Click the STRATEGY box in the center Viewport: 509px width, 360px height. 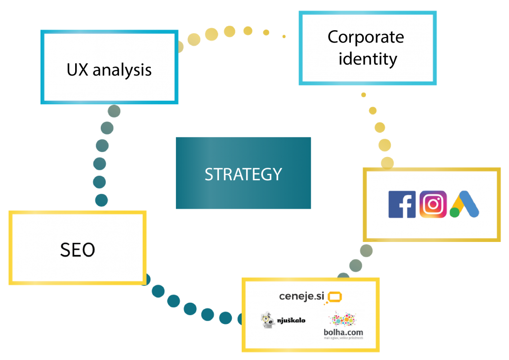pos(243,173)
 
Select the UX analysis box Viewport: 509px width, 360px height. pos(109,68)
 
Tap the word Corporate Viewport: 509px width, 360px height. pos(366,37)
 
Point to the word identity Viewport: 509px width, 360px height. pos(367,59)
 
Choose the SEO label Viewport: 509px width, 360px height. pos(78,249)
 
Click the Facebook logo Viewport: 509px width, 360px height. pos(402,204)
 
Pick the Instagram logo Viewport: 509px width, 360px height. pos(433,204)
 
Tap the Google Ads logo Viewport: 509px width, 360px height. pos(465,204)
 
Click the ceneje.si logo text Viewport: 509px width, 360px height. pos(302,296)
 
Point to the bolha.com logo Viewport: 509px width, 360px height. pos(343,332)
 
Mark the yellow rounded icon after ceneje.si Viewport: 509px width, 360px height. pos(336,297)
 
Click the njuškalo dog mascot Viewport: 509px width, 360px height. pos(267,320)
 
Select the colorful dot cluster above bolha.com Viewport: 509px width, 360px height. pos(343,319)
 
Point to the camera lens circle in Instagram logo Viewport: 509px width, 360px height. pos(433,204)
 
